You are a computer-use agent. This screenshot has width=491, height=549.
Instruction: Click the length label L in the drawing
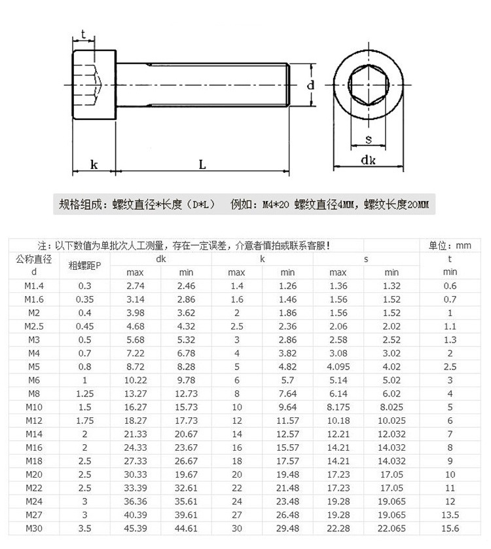coord(202,165)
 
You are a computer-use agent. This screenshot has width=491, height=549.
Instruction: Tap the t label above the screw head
coord(83,34)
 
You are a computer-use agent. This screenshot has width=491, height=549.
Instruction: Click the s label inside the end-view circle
coord(368,138)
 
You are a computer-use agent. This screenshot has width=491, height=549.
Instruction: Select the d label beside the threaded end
coord(311,85)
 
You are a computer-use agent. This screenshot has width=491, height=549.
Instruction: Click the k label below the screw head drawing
coord(94,165)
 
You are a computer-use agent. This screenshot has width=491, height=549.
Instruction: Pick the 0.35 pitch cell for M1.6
coord(85,299)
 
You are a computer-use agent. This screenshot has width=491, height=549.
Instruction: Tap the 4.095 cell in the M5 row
coord(338,366)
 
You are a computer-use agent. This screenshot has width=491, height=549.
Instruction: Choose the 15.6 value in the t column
coord(450,528)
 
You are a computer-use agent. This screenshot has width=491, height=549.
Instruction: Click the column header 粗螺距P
coord(85,265)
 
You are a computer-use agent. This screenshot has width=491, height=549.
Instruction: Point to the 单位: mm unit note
coord(450,246)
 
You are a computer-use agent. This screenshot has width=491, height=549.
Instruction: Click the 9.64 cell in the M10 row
coord(287,407)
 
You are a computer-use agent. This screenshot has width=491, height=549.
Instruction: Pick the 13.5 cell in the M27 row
coord(450,514)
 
